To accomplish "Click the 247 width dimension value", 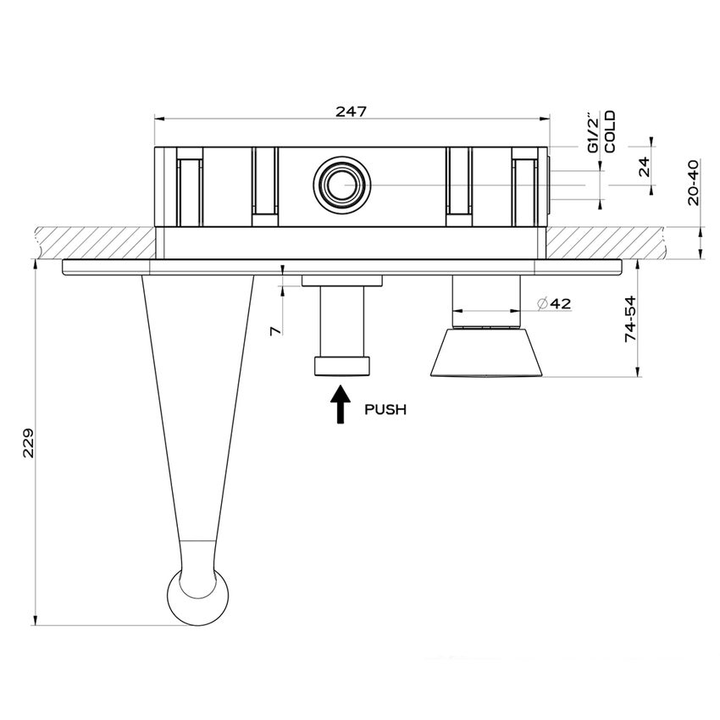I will click(x=350, y=109).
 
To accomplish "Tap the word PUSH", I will click(x=385, y=409).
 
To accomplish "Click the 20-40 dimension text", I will click(x=693, y=182).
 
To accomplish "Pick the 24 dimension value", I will click(x=645, y=167).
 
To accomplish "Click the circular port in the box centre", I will click(x=341, y=183).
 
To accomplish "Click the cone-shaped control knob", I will click(x=485, y=352).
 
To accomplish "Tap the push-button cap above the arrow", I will click(x=342, y=365).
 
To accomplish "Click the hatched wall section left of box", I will click(x=93, y=241).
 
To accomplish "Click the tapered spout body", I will click(x=197, y=407).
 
